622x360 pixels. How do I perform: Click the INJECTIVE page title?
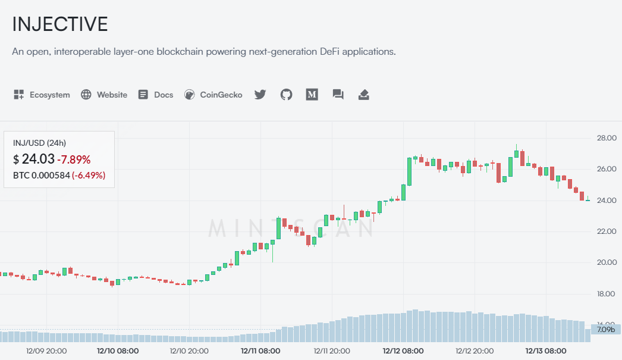pyautogui.click(x=60, y=24)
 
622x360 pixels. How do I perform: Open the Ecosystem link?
pyautogui.click(x=42, y=95)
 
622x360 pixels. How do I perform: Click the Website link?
pyautogui.click(x=105, y=95)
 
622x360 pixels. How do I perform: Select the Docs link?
pyautogui.click(x=156, y=95)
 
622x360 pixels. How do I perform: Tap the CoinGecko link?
pyautogui.click(x=213, y=95)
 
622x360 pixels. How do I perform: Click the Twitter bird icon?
pyautogui.click(x=260, y=95)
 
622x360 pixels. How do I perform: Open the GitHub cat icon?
pyautogui.click(x=287, y=95)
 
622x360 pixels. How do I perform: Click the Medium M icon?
pyautogui.click(x=312, y=95)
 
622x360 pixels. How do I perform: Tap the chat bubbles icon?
pyautogui.click(x=338, y=95)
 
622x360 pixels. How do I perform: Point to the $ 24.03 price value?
pyautogui.click(x=34, y=159)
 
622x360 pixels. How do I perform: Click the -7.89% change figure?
pyautogui.click(x=74, y=159)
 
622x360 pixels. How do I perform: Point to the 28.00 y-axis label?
pyautogui.click(x=607, y=138)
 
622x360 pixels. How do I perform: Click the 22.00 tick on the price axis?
pyautogui.click(x=607, y=231)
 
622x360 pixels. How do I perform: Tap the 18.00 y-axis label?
pyautogui.click(x=607, y=293)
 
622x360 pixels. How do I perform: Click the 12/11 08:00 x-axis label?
pyautogui.click(x=260, y=351)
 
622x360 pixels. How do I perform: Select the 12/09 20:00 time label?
pyautogui.click(x=47, y=351)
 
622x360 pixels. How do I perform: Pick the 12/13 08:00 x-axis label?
pyautogui.click(x=546, y=351)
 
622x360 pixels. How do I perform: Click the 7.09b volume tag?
pyautogui.click(x=606, y=329)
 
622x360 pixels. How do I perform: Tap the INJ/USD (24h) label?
pyautogui.click(x=39, y=143)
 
